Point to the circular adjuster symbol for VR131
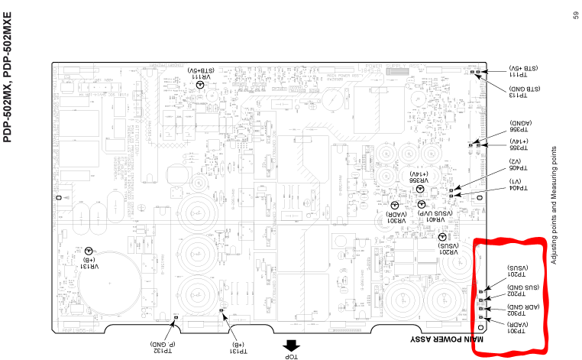pyautogui.click(x=89, y=251)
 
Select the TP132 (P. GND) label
pyautogui.click(x=163, y=346)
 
